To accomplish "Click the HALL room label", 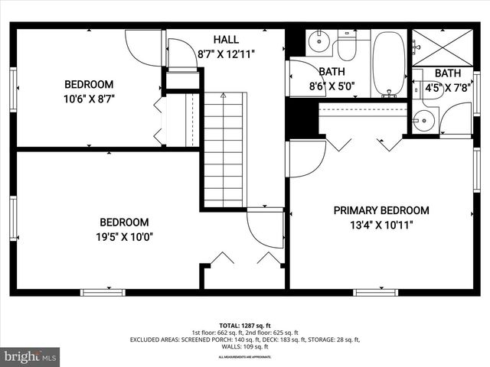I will tap(226, 39).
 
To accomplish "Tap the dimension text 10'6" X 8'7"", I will tap(89, 98).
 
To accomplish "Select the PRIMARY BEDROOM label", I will tap(381, 210).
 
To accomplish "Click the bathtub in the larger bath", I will tap(389, 63).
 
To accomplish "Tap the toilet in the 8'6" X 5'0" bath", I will tap(347, 47).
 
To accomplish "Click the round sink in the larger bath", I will tap(318, 40).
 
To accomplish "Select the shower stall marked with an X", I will tap(443, 47).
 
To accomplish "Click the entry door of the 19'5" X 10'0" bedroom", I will tap(265, 228).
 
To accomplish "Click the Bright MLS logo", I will tap(31, 356).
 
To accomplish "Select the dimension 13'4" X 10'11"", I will tap(381, 225).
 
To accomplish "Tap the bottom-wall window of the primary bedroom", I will tap(376, 291).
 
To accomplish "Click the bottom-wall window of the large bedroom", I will tap(103, 291).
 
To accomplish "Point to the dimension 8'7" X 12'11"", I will tap(226, 54).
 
